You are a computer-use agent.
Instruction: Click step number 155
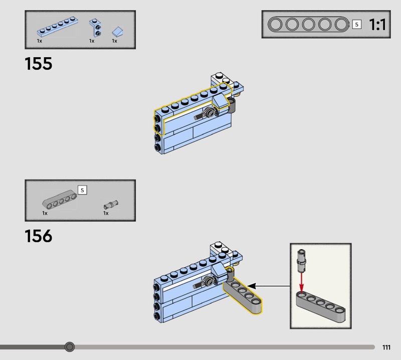(x=39, y=64)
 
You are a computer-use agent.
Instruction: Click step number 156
(x=39, y=236)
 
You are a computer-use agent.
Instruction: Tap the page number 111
(x=386, y=347)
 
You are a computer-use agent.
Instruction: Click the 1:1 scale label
(x=377, y=25)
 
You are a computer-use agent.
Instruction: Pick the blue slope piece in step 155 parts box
(x=117, y=32)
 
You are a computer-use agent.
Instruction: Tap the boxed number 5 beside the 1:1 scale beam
(x=357, y=24)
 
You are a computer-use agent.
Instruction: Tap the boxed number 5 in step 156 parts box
(x=83, y=190)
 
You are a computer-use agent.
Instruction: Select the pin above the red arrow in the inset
(x=301, y=258)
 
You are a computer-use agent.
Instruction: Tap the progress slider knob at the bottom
(x=70, y=346)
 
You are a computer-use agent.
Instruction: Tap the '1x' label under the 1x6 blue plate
(x=39, y=41)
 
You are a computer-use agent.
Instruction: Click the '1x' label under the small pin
(x=106, y=213)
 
